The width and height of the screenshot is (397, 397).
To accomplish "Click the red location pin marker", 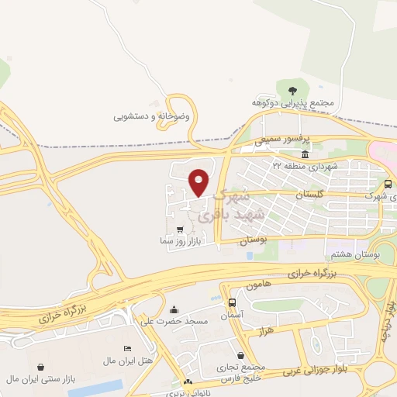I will pos(199,181).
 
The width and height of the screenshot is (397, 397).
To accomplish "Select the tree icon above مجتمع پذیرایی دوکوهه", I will pos(292,91).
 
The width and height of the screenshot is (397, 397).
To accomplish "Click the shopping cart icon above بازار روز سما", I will pos(181,230).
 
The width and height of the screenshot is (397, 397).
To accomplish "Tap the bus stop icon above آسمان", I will pos(233,302).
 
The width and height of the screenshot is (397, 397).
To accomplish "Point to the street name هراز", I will pos(265,332).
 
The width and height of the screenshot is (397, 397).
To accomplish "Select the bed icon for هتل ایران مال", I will pos(128,348).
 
